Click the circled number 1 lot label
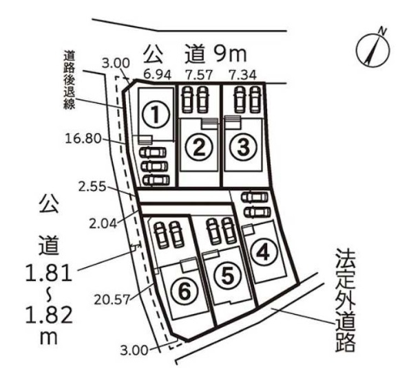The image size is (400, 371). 156,115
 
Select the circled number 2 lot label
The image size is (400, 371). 199,147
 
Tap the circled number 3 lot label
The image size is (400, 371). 242,147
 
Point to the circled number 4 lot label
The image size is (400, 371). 263,253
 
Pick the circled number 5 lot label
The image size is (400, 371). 228,276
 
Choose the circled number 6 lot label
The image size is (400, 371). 185,291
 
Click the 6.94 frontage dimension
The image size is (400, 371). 157,75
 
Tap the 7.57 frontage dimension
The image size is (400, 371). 198,75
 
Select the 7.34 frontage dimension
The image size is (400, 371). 242,75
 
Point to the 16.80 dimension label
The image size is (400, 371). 83,139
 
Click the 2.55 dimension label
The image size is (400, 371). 92,187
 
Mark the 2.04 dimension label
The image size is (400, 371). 103,224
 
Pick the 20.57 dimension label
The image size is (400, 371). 112,300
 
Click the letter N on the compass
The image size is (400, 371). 382,32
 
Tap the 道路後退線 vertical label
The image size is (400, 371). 69,80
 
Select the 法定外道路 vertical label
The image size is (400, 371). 345,300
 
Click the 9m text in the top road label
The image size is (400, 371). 231,54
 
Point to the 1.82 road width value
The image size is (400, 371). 49,315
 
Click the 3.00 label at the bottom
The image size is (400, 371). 134,350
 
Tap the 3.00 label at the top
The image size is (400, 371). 116,63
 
